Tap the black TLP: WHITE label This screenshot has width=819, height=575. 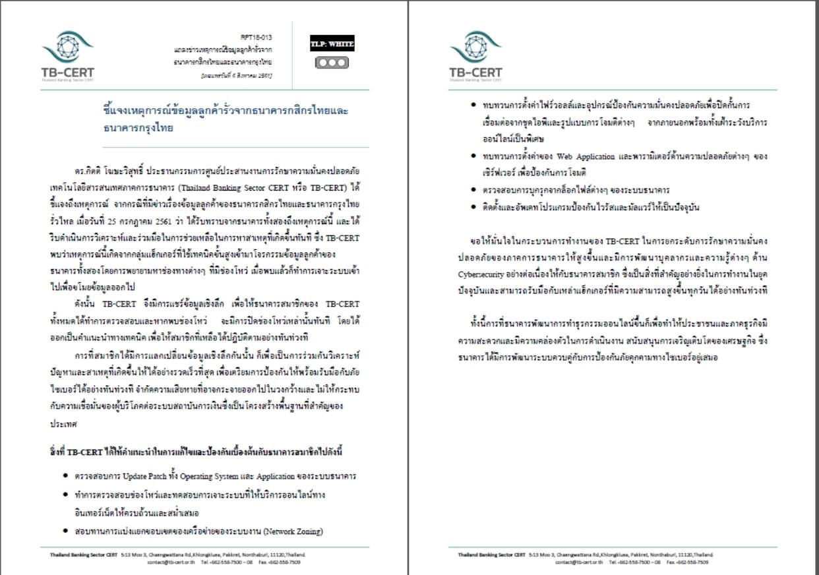tap(332, 45)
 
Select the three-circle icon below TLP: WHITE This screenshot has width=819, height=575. tap(332, 63)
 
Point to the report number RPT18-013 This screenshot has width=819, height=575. tap(258, 38)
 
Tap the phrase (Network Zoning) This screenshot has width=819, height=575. tap(293, 531)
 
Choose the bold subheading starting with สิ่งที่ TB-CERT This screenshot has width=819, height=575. tap(196, 452)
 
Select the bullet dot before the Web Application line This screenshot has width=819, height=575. tap(474, 157)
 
